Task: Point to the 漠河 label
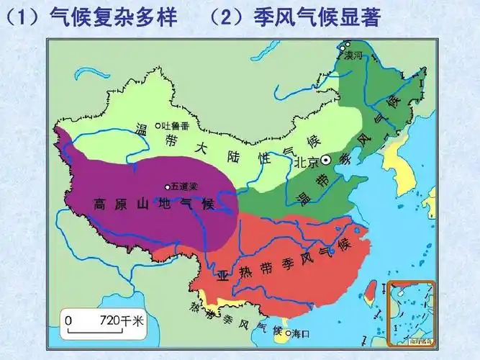pyautogui.click(x=353, y=55)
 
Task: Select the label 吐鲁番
pyautogui.click(x=175, y=126)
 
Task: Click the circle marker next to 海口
pyautogui.click(x=288, y=334)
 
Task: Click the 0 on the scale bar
pyautogui.click(x=69, y=320)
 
